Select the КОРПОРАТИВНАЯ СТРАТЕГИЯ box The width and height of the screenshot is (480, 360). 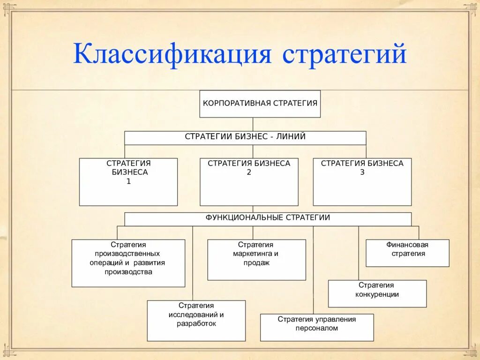(x=260, y=104)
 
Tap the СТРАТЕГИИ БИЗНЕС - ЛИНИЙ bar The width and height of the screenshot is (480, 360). (x=245, y=138)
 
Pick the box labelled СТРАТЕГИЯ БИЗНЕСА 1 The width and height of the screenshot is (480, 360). (x=128, y=182)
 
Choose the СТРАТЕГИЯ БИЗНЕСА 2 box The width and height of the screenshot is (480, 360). (x=249, y=182)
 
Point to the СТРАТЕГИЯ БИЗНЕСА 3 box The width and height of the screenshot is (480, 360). (x=362, y=182)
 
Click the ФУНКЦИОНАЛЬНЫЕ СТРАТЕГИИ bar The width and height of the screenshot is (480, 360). (x=268, y=219)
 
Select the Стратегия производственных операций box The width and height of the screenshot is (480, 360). (x=128, y=263)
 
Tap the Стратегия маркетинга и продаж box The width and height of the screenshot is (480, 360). (x=256, y=260)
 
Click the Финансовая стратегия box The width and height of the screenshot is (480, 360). (x=407, y=253)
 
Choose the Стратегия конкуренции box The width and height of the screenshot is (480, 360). (x=377, y=293)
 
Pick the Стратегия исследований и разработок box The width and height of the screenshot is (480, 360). (x=196, y=321)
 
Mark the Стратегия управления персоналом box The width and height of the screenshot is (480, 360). (x=317, y=327)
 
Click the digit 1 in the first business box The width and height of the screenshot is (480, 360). (x=128, y=181)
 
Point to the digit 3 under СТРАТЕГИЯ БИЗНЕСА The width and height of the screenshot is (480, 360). (x=362, y=172)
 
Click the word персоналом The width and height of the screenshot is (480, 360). (x=317, y=329)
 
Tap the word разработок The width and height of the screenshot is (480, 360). (x=196, y=323)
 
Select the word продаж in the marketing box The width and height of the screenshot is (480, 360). (x=256, y=263)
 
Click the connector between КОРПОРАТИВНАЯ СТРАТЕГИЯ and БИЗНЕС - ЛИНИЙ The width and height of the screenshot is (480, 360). (x=253, y=124)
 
